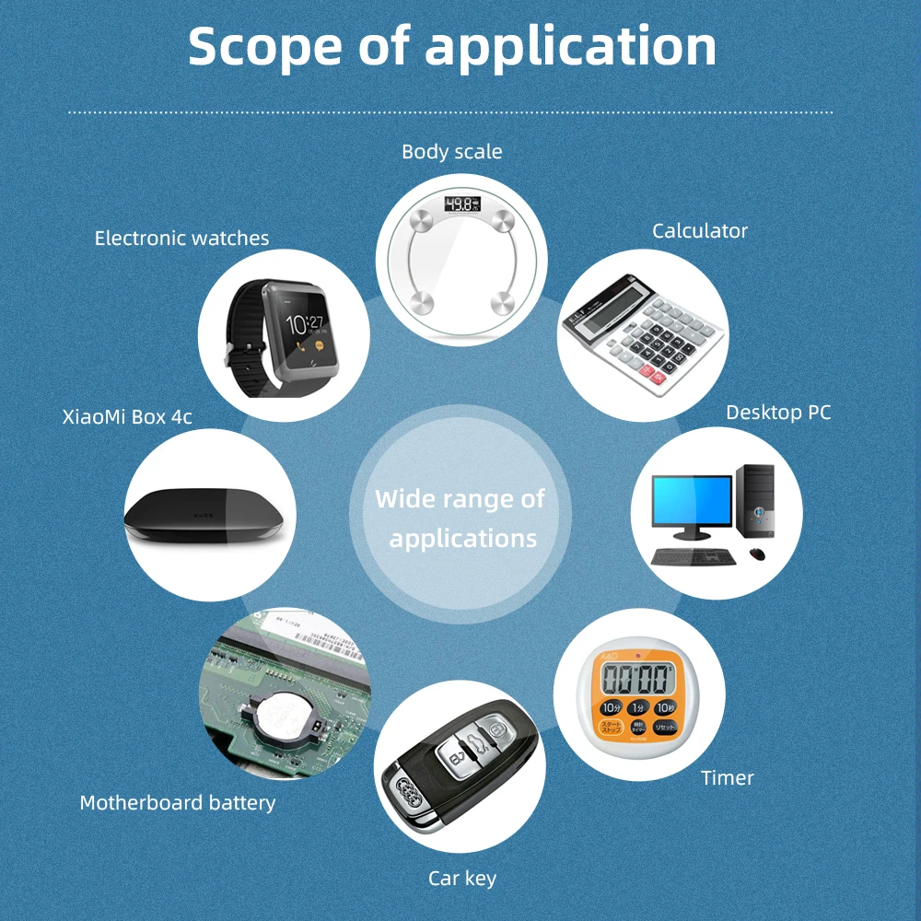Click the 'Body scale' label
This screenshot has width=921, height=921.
(x=451, y=152)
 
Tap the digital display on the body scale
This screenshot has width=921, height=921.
(x=461, y=204)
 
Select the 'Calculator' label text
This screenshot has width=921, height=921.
(x=700, y=231)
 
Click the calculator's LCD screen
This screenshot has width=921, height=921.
(x=607, y=297)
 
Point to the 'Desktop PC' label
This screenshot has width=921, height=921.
(x=778, y=413)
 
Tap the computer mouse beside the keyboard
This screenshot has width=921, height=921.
(x=757, y=553)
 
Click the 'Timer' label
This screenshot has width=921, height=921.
(x=727, y=778)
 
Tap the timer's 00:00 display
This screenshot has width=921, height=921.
(x=635, y=680)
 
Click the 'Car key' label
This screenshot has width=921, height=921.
(x=462, y=879)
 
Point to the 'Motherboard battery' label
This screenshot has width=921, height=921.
(x=178, y=803)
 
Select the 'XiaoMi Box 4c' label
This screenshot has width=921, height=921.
(x=127, y=416)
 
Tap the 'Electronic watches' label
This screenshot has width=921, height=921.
(x=181, y=239)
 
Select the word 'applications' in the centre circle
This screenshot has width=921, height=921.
(x=462, y=539)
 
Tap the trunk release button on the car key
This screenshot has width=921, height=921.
(x=476, y=738)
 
